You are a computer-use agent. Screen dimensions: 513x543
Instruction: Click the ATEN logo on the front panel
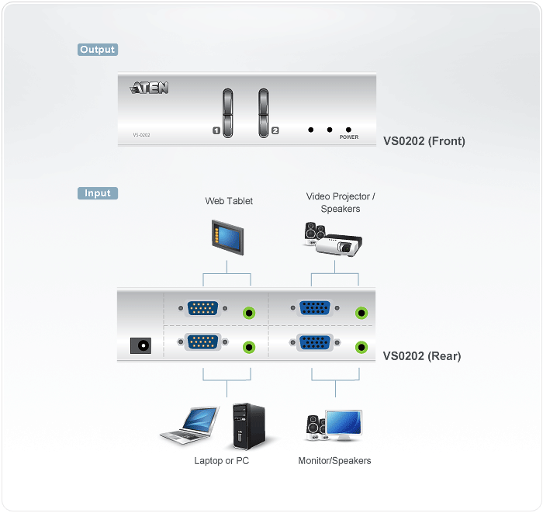150,88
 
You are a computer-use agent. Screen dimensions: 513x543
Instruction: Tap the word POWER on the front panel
348,137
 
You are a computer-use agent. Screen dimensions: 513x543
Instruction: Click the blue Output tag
97,50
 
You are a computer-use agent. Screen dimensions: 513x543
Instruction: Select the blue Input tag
97,193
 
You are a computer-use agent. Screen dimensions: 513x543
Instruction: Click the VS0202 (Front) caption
424,141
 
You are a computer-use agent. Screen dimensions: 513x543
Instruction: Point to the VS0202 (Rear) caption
421,356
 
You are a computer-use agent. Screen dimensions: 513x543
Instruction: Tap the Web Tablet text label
229,201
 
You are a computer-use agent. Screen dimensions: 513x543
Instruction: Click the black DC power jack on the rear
142,344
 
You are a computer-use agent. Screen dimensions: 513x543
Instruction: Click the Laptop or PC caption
221,461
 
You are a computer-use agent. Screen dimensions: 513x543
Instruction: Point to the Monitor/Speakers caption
334,461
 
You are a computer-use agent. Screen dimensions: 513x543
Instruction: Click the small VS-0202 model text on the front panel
141,135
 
